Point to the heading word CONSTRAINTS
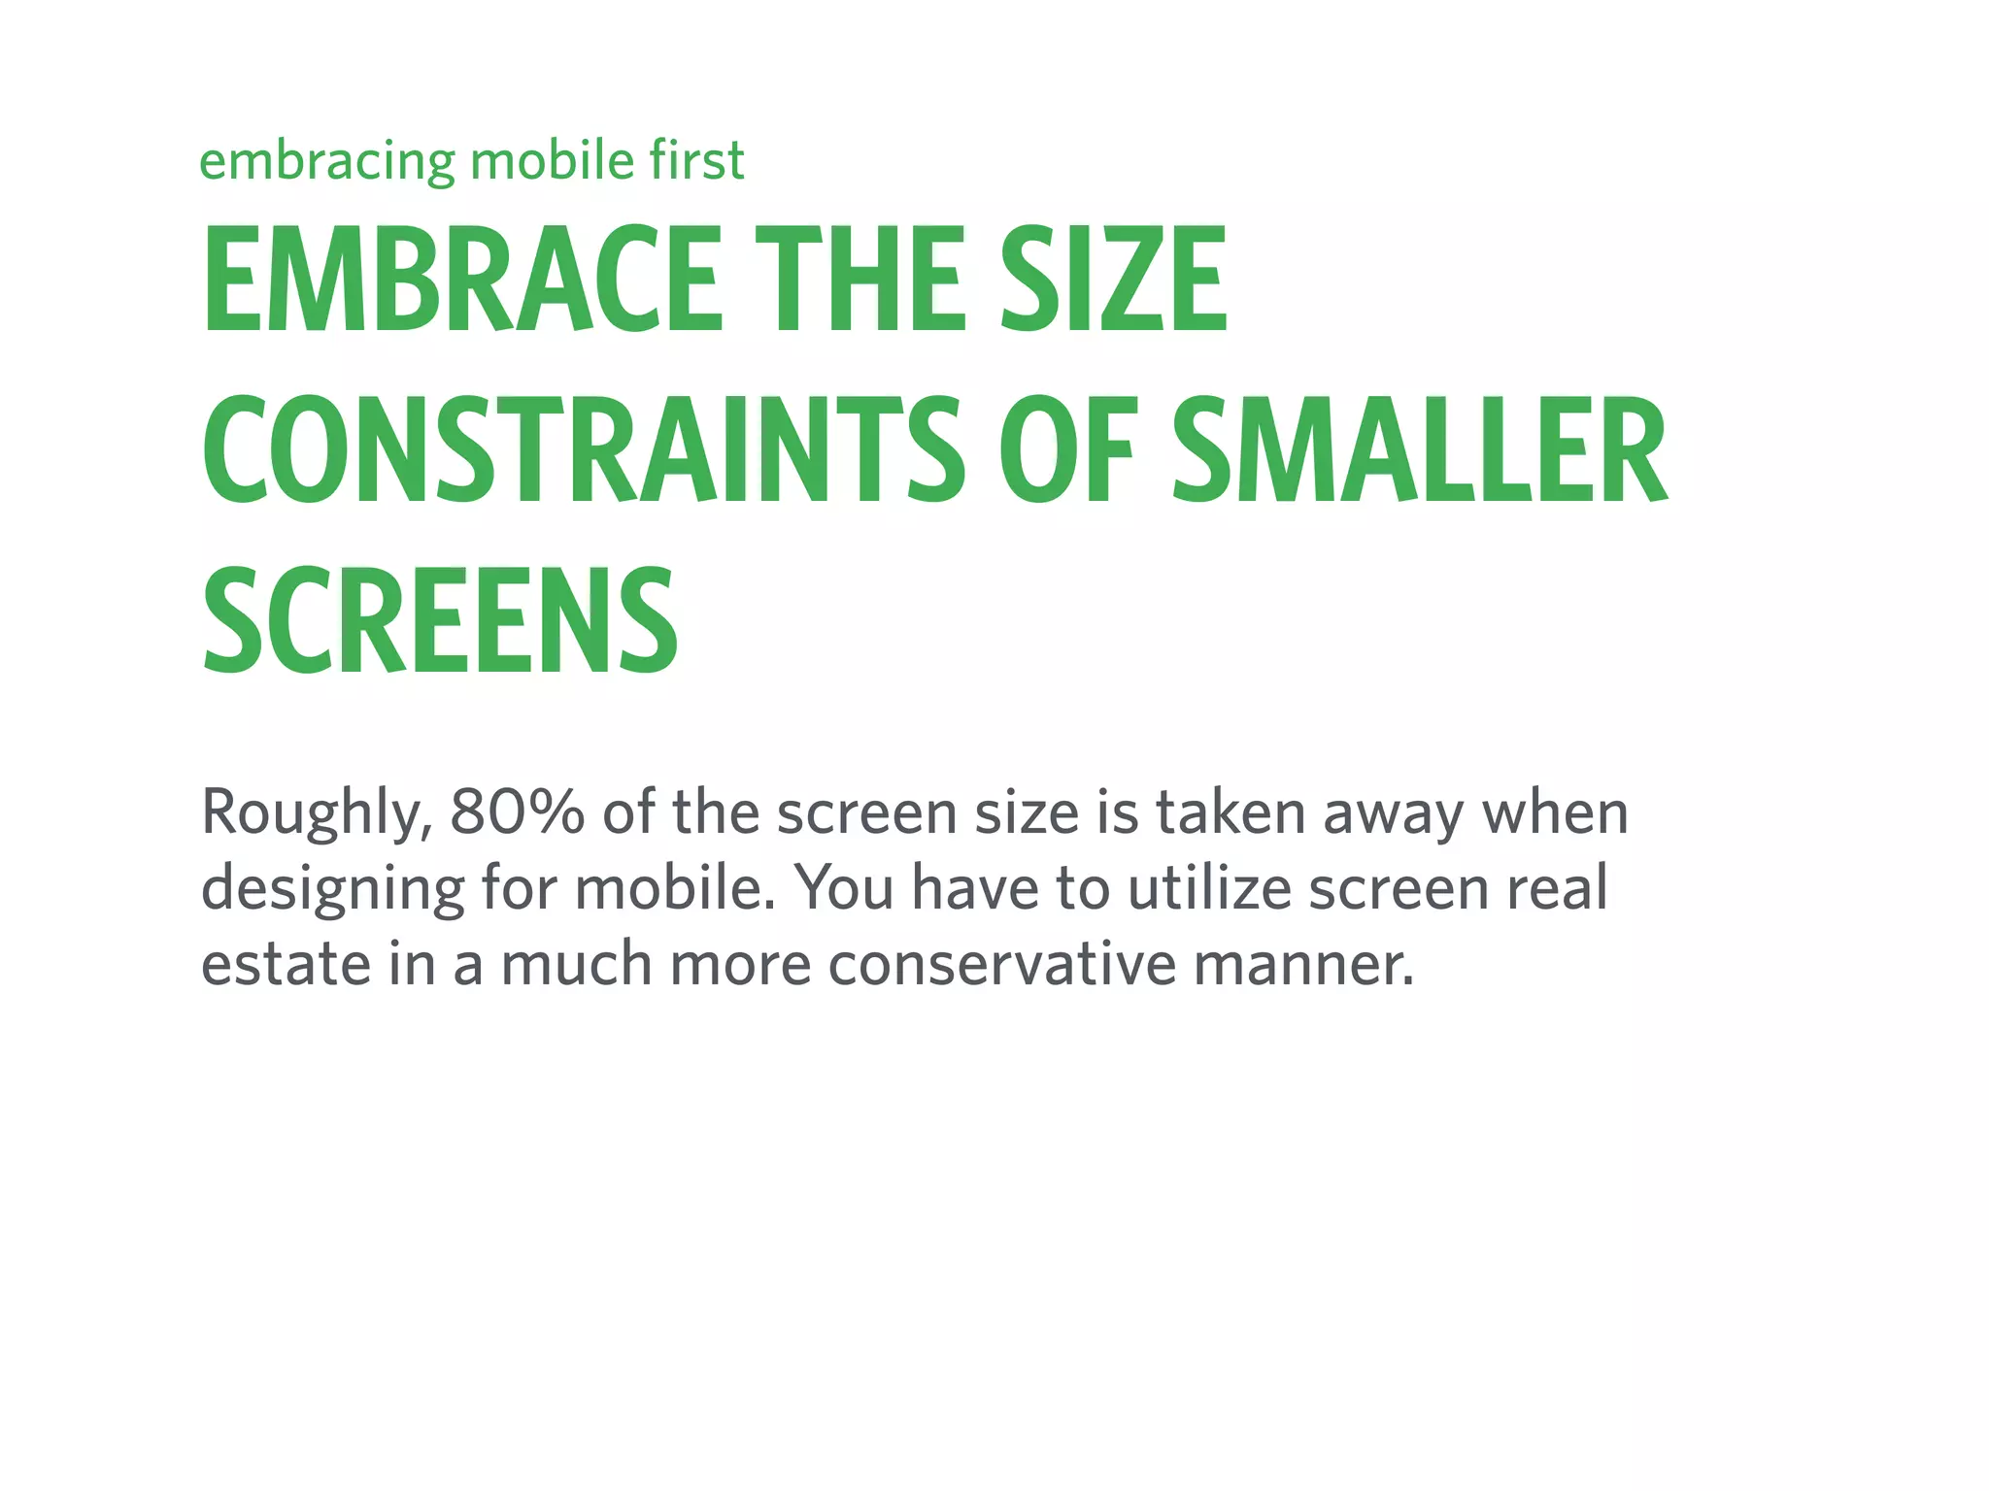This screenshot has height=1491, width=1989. pyautogui.click(x=583, y=450)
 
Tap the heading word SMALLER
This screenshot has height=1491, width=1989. pyautogui.click(x=1419, y=450)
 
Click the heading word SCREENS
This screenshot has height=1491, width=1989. pyautogui.click(x=440, y=621)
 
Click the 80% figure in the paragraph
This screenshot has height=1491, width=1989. pyautogui.click(x=517, y=813)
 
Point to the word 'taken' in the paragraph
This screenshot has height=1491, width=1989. pyautogui.click(x=1230, y=813)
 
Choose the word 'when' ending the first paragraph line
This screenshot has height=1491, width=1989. pyautogui.click(x=1555, y=813)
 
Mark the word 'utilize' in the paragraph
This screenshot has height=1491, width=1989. pyautogui.click(x=1209, y=888)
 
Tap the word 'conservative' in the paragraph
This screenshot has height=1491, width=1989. pyautogui.click(x=1002, y=965)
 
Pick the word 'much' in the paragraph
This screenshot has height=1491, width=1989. pyautogui.click(x=576, y=965)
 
